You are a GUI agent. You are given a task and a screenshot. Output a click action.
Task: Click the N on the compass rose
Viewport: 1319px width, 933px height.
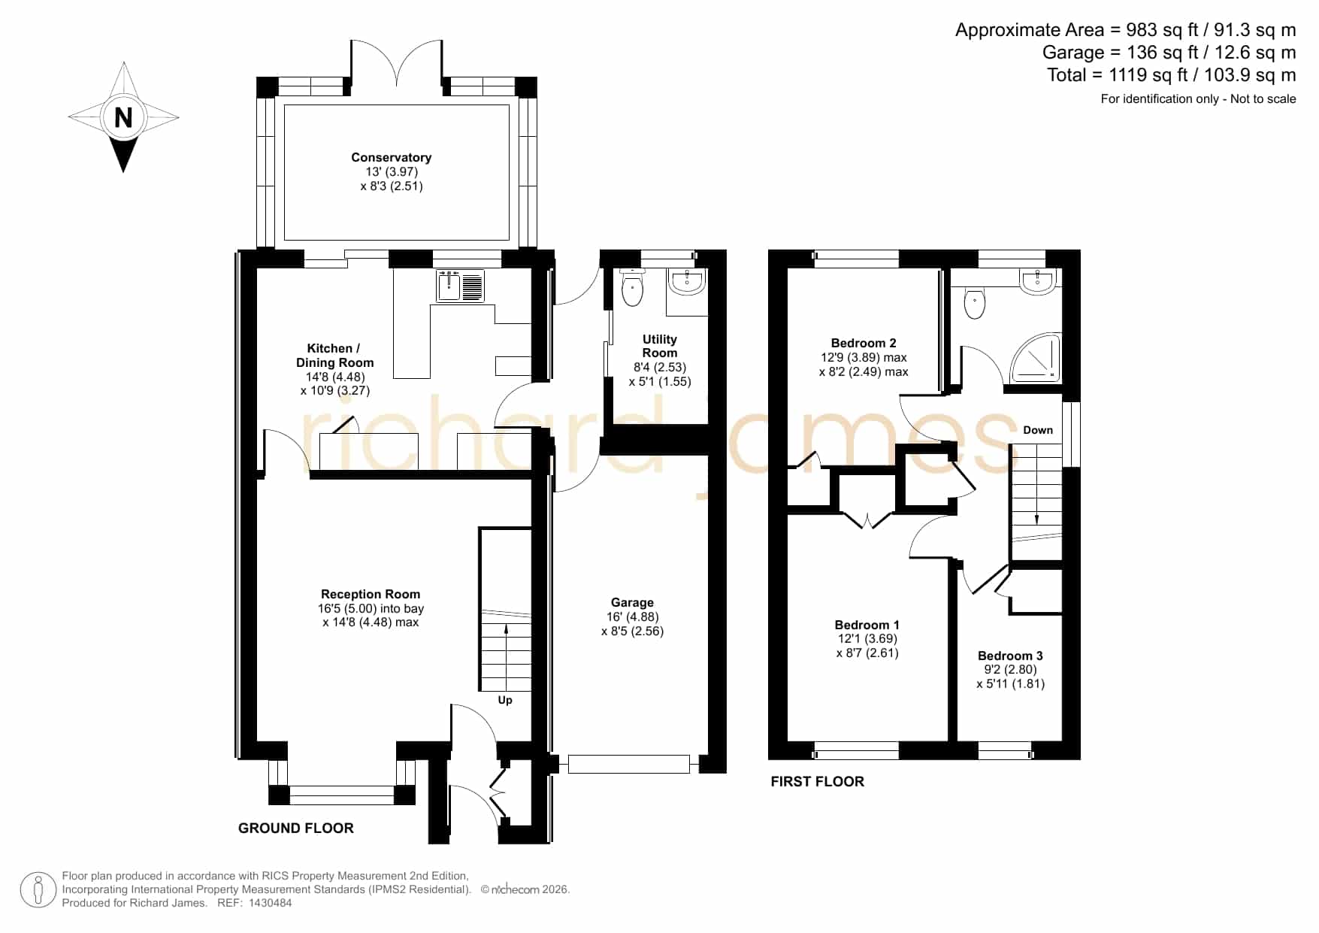click(123, 117)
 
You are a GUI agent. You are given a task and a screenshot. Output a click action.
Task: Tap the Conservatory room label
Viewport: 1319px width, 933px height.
click(391, 157)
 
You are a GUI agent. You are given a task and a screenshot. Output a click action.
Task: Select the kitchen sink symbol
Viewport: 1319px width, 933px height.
click(461, 286)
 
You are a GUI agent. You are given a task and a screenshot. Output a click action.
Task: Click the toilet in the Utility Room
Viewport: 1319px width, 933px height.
click(633, 286)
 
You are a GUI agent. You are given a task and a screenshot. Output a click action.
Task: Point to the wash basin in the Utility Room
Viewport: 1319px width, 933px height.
click(686, 281)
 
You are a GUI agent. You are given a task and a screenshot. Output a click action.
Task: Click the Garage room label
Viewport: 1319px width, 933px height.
click(632, 602)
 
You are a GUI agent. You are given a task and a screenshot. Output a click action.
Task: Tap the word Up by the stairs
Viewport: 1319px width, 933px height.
click(505, 700)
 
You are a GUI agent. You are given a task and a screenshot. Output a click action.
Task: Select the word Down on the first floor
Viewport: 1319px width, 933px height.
click(1038, 430)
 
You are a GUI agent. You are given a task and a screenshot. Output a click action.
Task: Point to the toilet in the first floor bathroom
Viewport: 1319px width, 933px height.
click(975, 301)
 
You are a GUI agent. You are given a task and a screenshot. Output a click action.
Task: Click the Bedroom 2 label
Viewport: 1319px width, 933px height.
click(864, 343)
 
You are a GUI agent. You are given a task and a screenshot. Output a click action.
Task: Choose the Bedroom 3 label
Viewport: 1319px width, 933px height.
click(1010, 656)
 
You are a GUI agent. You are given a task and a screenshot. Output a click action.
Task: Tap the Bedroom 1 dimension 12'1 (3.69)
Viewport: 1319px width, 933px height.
click(867, 638)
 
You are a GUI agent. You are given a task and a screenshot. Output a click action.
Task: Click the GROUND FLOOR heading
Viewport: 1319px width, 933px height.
click(296, 828)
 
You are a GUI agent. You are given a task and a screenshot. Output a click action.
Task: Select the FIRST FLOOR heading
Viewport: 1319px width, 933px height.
click(818, 781)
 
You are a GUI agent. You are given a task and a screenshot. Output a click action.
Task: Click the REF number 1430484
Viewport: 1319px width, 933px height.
click(270, 903)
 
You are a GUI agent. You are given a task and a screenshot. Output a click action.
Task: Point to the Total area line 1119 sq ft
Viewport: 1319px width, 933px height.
click(1172, 75)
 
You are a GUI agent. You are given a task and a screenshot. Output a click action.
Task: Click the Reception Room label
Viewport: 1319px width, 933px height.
click(371, 594)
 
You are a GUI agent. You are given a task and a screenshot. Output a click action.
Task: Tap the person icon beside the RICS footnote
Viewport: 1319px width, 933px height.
click(38, 890)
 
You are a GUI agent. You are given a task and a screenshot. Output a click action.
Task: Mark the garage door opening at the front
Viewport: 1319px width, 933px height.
click(629, 765)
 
